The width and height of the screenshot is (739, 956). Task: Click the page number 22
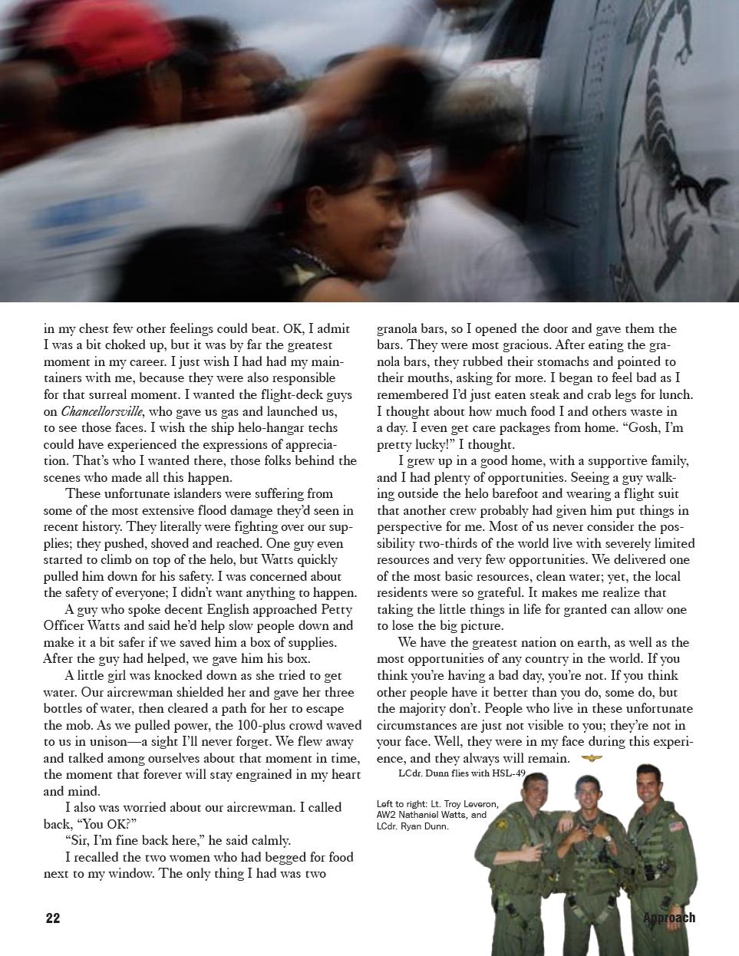point(53,918)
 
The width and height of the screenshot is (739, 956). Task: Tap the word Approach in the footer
point(669,918)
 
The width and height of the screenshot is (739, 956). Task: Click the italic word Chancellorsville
point(102,411)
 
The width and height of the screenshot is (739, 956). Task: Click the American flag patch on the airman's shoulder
point(675,826)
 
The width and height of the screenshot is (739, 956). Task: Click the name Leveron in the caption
point(477,803)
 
